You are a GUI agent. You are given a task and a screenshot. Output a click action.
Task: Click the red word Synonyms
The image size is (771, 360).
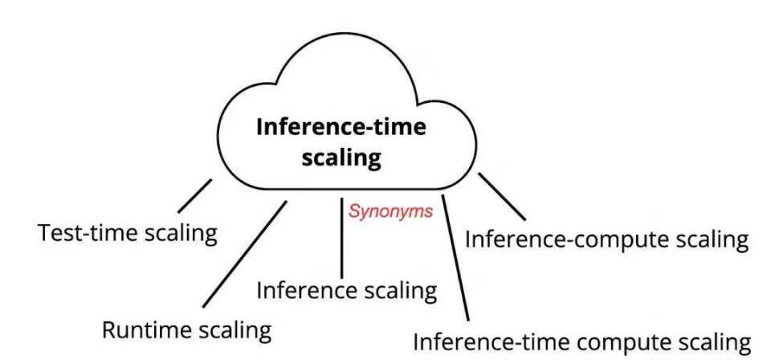(x=390, y=211)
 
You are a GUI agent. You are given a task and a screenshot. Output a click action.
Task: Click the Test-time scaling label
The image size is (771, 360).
(x=128, y=234)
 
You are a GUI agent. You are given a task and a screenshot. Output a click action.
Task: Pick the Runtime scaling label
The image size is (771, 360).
(x=186, y=329)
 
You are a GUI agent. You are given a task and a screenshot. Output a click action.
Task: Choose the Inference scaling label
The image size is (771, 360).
(x=346, y=289)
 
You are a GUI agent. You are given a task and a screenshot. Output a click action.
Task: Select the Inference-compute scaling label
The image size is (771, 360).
(x=607, y=239)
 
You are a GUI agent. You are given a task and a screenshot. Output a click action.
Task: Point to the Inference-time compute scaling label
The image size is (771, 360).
(x=582, y=341)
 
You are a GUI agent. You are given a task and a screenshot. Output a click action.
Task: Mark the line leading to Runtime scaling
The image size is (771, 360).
(x=244, y=254)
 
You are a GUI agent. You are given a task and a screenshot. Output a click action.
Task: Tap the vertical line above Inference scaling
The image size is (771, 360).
(x=342, y=236)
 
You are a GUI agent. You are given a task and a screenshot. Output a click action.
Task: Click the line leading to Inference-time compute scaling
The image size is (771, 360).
(x=455, y=257)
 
